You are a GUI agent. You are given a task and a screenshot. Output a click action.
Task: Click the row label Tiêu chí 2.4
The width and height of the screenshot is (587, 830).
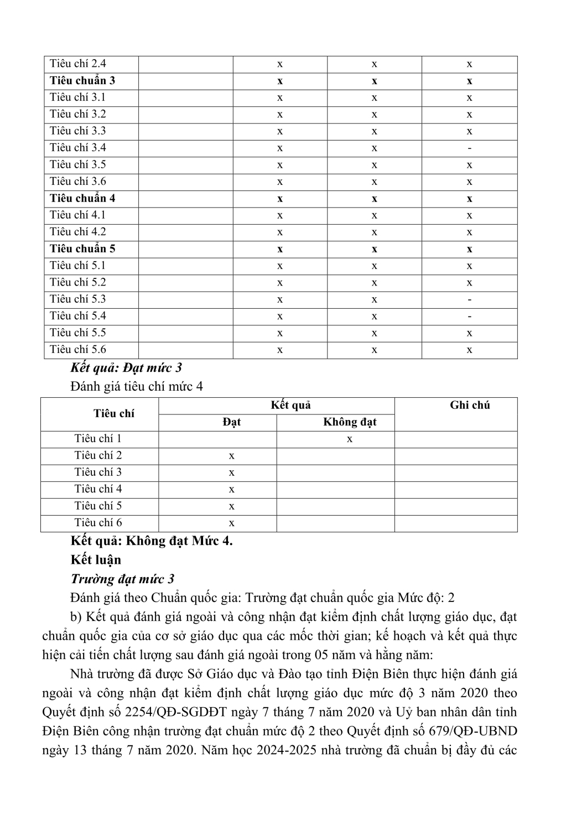coord(77,64)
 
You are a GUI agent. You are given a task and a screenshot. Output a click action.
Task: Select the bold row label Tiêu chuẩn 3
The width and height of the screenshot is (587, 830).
coord(82,81)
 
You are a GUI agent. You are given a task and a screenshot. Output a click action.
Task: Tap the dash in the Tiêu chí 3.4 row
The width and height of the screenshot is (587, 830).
coord(469,148)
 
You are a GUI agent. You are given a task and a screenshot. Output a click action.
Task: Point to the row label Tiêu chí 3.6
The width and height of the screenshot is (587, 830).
coord(77,181)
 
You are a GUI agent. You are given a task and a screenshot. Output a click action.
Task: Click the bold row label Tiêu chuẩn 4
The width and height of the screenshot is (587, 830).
coord(82,198)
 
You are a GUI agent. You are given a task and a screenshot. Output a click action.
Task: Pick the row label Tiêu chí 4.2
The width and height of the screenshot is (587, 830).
coord(77,232)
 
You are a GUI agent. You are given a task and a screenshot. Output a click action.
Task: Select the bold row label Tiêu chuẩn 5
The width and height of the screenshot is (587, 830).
coord(82,248)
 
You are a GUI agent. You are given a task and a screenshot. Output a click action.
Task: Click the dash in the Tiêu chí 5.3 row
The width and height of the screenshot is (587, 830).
coord(469,299)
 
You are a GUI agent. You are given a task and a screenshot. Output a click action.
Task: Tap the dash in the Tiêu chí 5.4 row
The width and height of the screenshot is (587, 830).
coord(469,317)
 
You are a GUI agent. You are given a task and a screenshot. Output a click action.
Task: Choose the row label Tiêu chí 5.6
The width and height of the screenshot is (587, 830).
coord(77,350)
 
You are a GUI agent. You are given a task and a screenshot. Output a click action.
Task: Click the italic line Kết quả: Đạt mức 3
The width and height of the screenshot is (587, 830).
coord(126,367)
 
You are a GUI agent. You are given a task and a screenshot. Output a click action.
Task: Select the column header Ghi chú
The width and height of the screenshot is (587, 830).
coord(470,406)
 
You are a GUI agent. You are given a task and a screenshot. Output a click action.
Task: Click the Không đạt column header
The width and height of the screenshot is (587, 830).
coord(350,422)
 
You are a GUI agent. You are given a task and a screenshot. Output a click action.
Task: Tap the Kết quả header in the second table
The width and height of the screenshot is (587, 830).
coord(290,406)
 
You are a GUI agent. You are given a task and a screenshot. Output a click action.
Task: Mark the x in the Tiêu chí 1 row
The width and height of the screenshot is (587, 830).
coord(350,439)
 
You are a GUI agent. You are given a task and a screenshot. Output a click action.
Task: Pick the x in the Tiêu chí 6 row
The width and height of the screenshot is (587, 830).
coord(231,523)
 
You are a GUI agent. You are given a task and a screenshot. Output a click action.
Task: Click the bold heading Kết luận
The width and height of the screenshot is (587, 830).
coord(96,559)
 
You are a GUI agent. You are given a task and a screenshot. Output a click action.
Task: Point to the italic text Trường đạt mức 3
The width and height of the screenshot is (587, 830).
coord(122,579)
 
